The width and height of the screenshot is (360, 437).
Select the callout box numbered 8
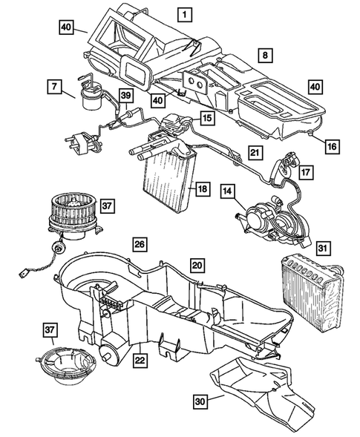point(264,54)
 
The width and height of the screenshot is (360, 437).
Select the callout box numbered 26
point(138,243)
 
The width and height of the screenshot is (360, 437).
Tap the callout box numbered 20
point(197,265)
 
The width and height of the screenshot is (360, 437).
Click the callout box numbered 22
point(139,361)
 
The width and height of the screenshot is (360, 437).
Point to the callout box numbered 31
point(323,249)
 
